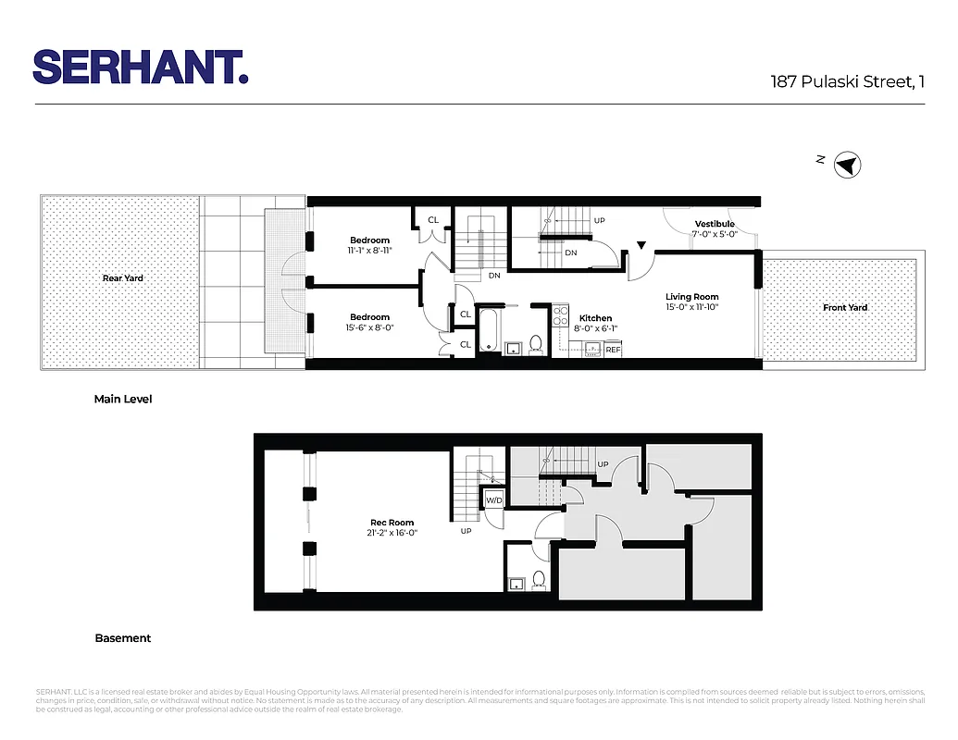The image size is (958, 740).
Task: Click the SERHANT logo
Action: (x=140, y=67)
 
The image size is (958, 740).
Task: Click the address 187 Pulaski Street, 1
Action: (x=847, y=81)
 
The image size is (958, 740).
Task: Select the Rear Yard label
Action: (x=122, y=277)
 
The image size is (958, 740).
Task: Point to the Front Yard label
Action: (x=844, y=307)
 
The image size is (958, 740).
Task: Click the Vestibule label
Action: (x=715, y=224)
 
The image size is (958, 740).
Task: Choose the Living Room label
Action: (x=691, y=297)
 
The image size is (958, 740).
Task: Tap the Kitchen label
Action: (x=595, y=318)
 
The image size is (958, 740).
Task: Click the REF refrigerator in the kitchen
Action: (x=612, y=350)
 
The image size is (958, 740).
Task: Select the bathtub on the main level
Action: (x=489, y=331)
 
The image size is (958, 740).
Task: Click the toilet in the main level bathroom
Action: (x=535, y=345)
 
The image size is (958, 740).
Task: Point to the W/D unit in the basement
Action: (x=493, y=500)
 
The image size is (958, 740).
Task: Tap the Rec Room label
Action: (x=392, y=523)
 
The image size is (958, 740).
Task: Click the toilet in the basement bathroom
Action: (x=539, y=579)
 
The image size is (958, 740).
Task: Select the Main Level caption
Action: (x=123, y=400)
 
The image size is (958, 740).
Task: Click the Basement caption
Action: (x=122, y=638)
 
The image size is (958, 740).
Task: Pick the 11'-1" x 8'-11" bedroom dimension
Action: (x=369, y=250)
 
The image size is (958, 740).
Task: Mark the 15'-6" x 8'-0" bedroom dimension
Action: (x=369, y=327)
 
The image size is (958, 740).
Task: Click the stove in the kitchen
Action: (x=560, y=317)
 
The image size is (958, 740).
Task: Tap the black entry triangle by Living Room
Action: (x=641, y=246)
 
